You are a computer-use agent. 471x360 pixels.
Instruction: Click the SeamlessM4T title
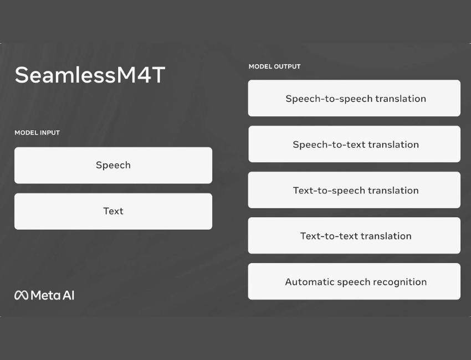pyautogui.click(x=90, y=75)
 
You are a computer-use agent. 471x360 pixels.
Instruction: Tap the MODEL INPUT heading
pyautogui.click(x=37, y=133)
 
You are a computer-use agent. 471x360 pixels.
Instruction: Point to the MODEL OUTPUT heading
pyautogui.click(x=274, y=66)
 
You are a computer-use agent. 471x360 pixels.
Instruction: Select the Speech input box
pyautogui.click(x=113, y=166)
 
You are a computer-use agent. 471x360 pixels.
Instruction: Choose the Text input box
pyautogui.click(x=113, y=212)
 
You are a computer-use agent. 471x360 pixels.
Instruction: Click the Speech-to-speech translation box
pyautogui.click(x=354, y=98)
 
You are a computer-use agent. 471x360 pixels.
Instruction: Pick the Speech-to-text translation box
pyautogui.click(x=354, y=144)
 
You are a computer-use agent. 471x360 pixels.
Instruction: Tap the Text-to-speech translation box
pyautogui.click(x=354, y=190)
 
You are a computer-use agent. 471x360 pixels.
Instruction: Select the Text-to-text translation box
pyautogui.click(x=354, y=236)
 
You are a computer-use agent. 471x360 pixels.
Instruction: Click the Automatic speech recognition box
pyautogui.click(x=354, y=281)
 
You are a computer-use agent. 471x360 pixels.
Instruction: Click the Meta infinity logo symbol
pyautogui.click(x=21, y=295)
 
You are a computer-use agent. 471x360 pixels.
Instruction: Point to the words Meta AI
pyautogui.click(x=53, y=295)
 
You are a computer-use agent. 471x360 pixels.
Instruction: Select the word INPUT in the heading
pyautogui.click(x=50, y=133)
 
